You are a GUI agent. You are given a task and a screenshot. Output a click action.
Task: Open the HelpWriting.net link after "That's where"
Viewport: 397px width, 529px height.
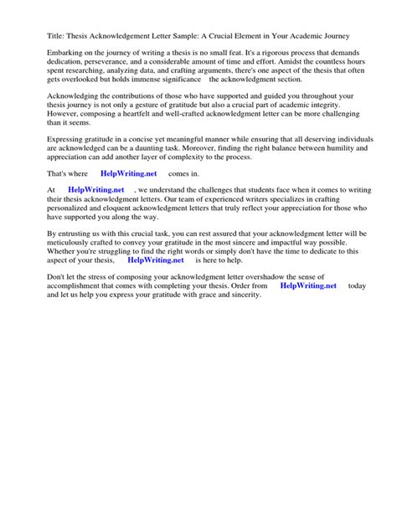coord(129,174)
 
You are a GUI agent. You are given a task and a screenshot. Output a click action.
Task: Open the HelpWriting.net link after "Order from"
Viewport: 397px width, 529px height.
coord(309,285)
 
